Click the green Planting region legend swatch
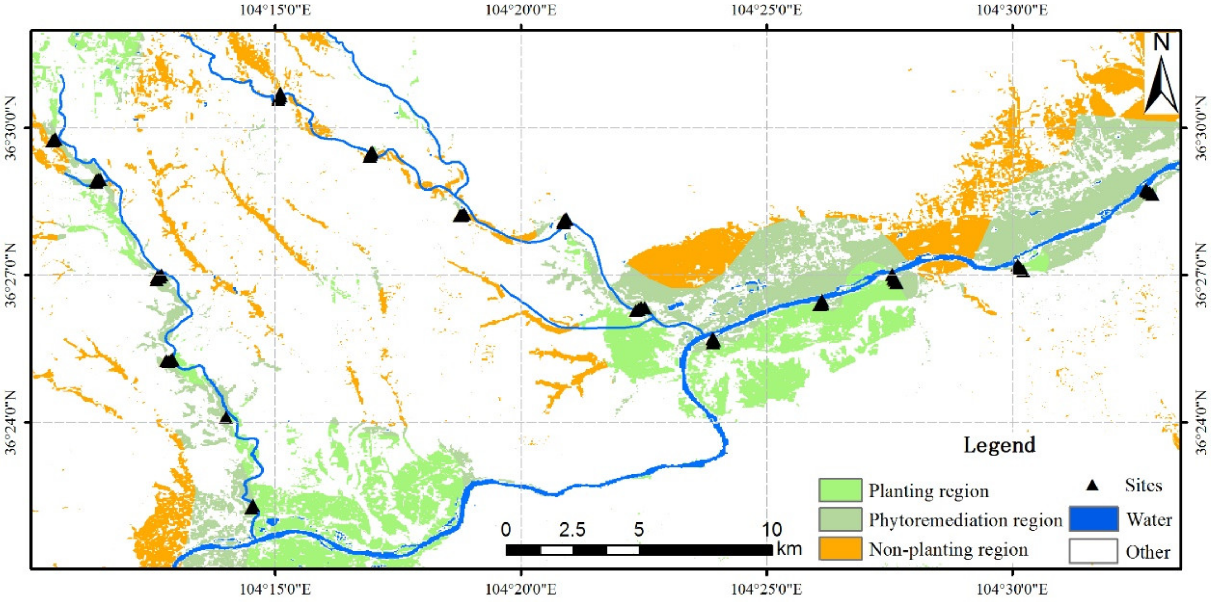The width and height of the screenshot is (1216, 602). (840, 490)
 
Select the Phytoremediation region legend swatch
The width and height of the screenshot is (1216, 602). (840, 519)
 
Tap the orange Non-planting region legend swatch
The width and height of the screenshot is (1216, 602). (840, 549)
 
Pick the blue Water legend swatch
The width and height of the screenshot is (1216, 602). (1093, 519)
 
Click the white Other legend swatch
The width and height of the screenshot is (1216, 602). (1093, 551)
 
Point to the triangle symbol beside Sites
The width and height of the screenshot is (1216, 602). (1092, 485)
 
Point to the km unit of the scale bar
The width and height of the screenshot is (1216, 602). (788, 549)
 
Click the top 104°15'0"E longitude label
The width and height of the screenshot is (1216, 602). (275, 10)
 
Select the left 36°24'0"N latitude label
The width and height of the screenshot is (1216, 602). (10, 422)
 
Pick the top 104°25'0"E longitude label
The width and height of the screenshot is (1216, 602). (766, 10)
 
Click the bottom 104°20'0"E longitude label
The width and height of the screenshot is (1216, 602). (521, 589)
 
